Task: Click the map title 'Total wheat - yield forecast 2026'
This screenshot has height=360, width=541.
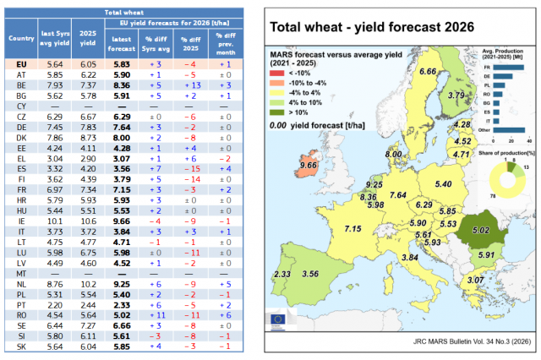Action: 373,27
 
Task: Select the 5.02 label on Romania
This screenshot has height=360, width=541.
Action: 480,230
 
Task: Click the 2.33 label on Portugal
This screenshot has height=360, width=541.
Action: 282,275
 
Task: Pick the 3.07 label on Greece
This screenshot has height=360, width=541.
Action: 476,280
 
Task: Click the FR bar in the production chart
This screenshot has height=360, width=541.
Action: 507,68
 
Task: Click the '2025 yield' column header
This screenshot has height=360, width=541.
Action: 87,39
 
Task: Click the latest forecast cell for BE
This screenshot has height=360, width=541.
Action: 121,85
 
